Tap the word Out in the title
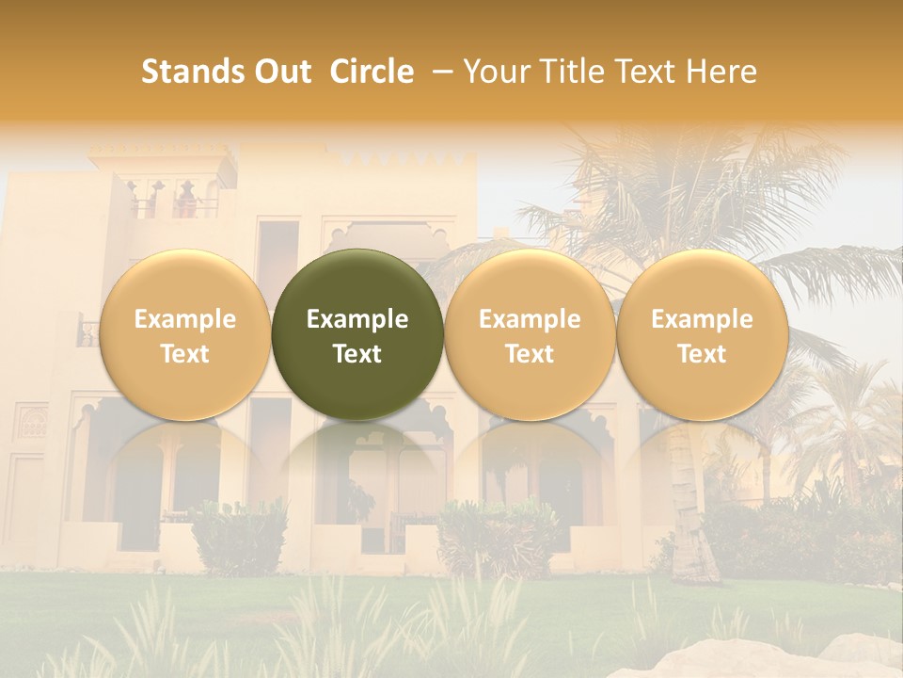click(x=281, y=72)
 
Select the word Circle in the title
click(x=372, y=72)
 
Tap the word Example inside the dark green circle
click(x=357, y=319)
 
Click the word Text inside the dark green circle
click(x=357, y=354)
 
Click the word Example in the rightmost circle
click(x=702, y=319)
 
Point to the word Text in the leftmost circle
click(x=184, y=354)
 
